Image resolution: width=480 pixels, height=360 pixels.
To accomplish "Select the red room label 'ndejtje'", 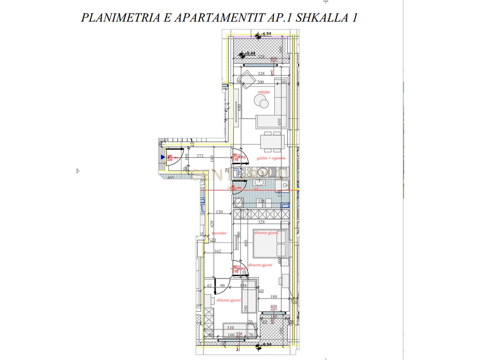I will pos(264,92).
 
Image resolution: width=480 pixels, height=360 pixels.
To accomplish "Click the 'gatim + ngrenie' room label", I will pos(271,158).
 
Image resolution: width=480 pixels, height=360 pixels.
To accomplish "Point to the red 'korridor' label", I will pos(219,233).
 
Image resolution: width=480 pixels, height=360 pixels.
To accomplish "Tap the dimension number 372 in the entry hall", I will pos(200,156).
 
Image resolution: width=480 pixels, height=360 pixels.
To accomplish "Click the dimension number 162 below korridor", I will pos(217,251).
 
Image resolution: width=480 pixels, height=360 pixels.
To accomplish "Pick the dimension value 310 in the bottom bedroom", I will pos(230,328).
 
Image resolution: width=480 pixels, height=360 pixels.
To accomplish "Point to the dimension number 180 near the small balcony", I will pos(274,296).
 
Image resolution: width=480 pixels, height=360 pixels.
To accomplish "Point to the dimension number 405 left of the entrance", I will pos(171,178).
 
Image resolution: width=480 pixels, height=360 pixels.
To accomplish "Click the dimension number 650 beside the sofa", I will pos(280,123).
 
